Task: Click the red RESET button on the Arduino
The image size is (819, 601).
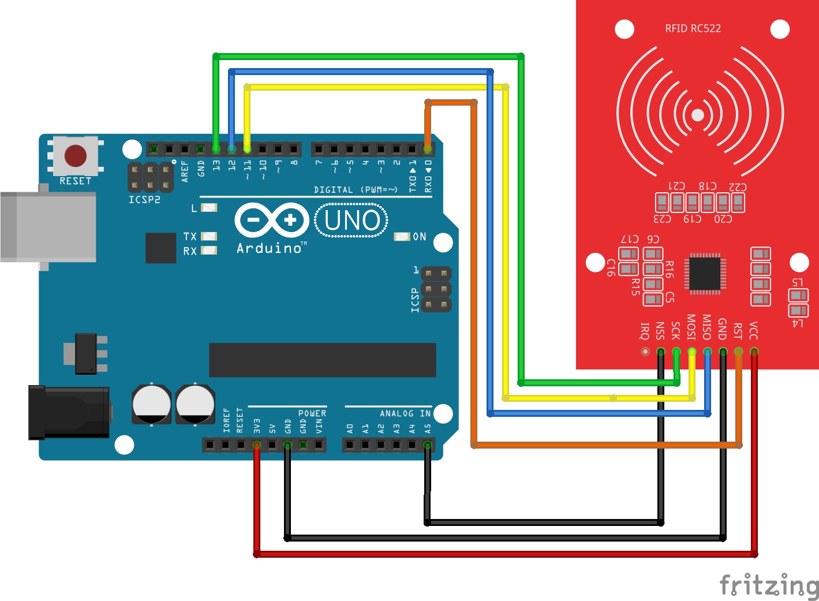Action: click(x=76, y=155)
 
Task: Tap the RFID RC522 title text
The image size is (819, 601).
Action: click(x=693, y=28)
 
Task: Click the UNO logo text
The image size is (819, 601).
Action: click(x=351, y=221)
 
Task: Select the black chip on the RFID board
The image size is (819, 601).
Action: click(x=705, y=273)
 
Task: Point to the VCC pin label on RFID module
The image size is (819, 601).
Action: click(x=753, y=331)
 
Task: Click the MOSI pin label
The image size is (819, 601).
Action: click(x=691, y=327)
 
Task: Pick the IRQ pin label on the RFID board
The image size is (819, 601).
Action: click(x=645, y=331)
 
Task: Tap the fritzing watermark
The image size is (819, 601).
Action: click(x=769, y=585)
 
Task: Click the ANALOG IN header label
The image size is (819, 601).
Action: click(x=405, y=413)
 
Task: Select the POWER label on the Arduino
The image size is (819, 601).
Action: click(x=312, y=413)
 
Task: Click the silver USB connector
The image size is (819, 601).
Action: click(x=48, y=227)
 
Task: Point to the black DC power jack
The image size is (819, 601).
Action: click(x=69, y=412)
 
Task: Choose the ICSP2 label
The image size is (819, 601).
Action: click(x=144, y=200)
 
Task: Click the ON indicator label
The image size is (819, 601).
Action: click(x=420, y=237)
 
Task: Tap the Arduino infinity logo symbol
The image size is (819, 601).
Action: click(x=271, y=220)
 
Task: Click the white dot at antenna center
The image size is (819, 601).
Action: click(x=698, y=115)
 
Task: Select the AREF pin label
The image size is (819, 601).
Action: click(x=185, y=171)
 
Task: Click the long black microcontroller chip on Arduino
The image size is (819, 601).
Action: click(x=322, y=360)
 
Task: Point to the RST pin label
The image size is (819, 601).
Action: click(x=738, y=331)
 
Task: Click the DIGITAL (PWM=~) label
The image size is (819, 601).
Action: click(x=356, y=189)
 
